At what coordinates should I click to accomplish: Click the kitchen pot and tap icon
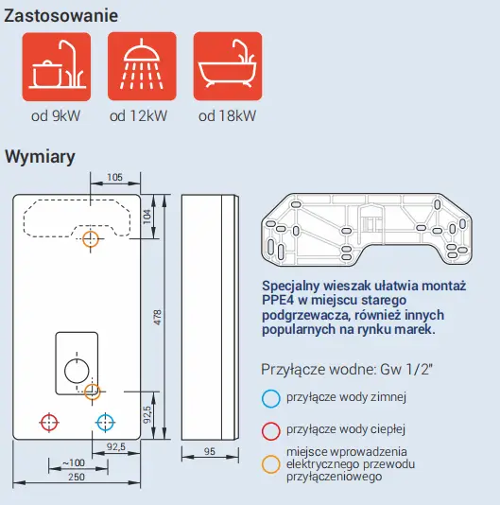[57, 66]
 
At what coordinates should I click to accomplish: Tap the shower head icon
[142, 66]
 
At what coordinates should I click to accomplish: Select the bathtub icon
[228, 66]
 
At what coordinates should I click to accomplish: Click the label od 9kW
[56, 116]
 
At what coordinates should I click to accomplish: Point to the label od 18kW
[227, 116]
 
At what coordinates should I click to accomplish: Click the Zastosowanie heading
[61, 16]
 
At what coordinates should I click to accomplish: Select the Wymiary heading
[40, 157]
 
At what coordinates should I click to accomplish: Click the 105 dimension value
[115, 177]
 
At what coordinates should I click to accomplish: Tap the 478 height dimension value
[158, 317]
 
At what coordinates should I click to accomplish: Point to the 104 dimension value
[147, 217]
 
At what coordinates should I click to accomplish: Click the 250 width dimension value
[77, 477]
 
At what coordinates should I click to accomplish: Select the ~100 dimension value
[74, 462]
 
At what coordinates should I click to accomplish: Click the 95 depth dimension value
[210, 451]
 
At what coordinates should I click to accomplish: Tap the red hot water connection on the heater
[49, 422]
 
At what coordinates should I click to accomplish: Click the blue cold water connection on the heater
[105, 422]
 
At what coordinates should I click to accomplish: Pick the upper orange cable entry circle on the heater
[91, 239]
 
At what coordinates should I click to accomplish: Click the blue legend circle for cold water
[270, 399]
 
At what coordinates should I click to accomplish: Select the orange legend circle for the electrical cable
[270, 464]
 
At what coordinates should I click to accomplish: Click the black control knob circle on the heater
[77, 371]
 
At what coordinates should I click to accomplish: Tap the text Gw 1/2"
[406, 370]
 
